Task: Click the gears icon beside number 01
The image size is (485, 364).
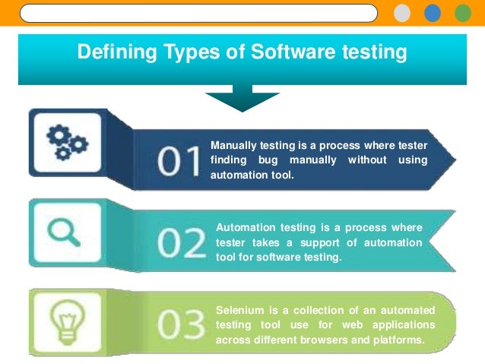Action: [68, 142]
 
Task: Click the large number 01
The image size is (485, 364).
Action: [180, 160]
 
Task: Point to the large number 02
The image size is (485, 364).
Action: [182, 244]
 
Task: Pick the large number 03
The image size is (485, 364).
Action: [181, 324]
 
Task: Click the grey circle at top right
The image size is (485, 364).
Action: [402, 14]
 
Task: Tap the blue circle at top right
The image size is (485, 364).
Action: [433, 14]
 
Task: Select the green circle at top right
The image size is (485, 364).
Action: [462, 14]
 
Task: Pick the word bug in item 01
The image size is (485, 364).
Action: [284, 160]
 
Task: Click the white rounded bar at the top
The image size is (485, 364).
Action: [198, 14]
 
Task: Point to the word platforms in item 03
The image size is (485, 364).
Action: [398, 339]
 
